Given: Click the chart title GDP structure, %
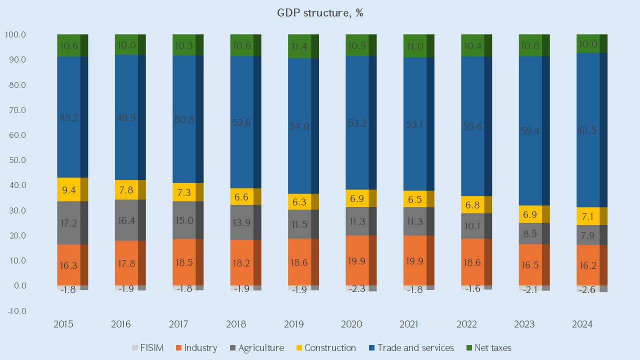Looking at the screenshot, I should click(x=320, y=13).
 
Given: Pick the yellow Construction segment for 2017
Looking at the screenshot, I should click(x=184, y=192).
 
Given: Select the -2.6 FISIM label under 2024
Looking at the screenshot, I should click(x=585, y=289).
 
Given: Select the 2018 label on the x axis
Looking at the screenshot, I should click(x=236, y=324).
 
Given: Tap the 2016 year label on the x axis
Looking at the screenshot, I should click(x=120, y=324).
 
